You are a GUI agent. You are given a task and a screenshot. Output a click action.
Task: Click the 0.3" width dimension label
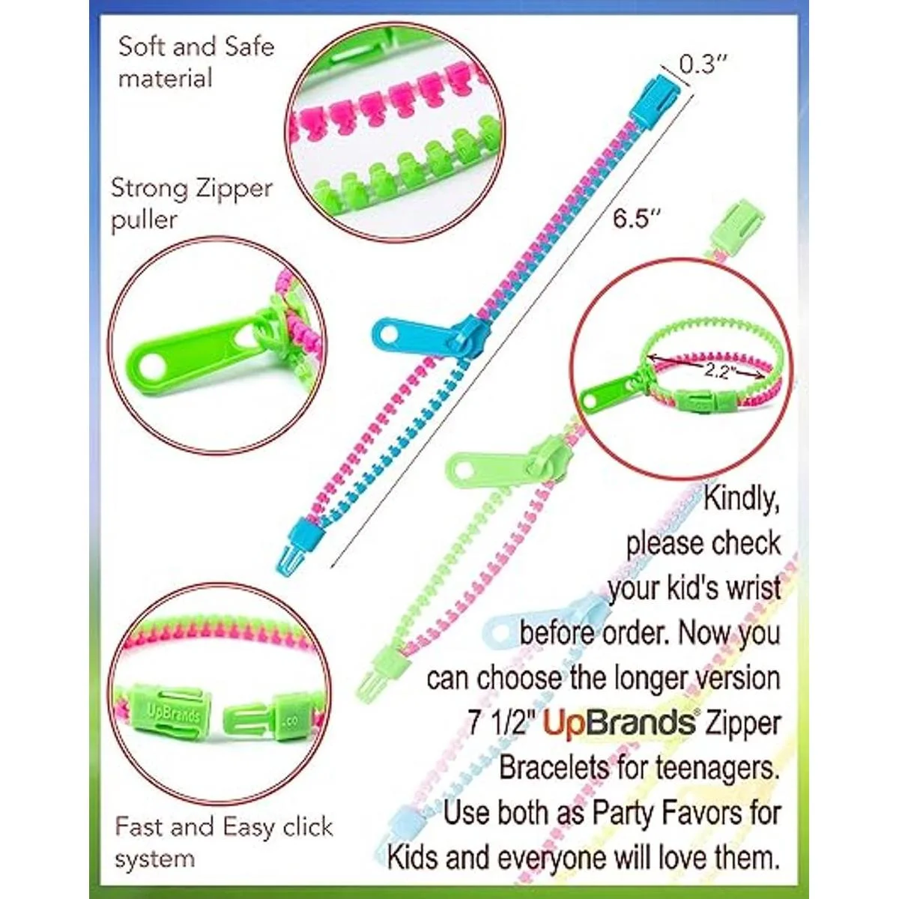click(x=703, y=64)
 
